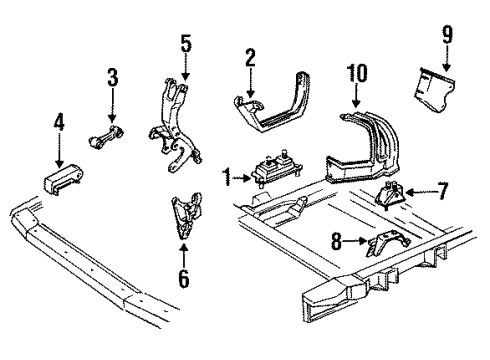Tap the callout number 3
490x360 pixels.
click(x=112, y=78)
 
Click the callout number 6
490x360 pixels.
click(x=183, y=277)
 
